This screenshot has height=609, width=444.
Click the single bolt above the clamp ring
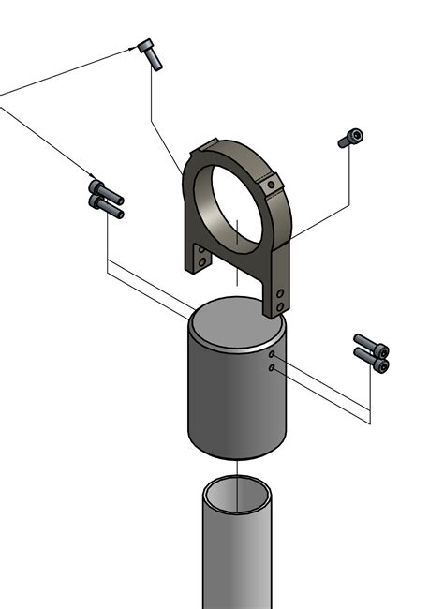[x=150, y=53]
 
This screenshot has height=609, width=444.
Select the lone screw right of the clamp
[x=350, y=139]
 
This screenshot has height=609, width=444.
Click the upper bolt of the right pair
[x=371, y=344]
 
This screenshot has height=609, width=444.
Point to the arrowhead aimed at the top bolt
[x=131, y=49]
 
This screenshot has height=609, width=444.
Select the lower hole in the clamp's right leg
[x=280, y=307]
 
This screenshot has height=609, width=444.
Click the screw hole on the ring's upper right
[x=272, y=186]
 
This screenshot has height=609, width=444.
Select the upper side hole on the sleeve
[x=272, y=356]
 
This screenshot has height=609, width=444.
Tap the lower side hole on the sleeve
[x=271, y=369]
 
